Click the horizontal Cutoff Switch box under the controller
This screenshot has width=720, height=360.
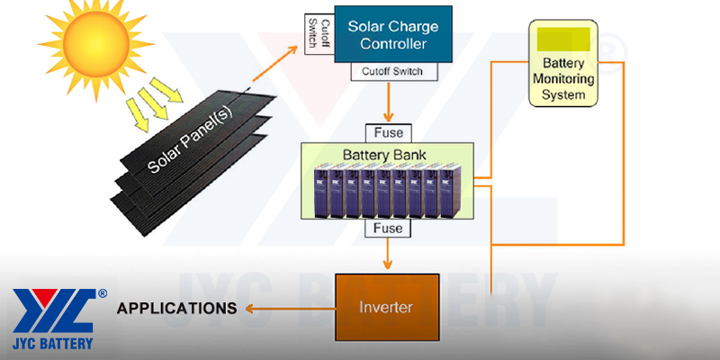coord(388,71)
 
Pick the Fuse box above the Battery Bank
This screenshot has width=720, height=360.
coord(388,132)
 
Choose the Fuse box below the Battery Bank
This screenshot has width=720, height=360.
coord(388,230)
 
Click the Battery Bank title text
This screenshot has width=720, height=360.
coord(389,155)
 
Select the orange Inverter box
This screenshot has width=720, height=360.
coord(386,308)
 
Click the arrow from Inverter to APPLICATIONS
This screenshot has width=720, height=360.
coord(288,309)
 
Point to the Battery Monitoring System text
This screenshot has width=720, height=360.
coord(563,78)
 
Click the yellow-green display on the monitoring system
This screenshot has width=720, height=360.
coord(563,39)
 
